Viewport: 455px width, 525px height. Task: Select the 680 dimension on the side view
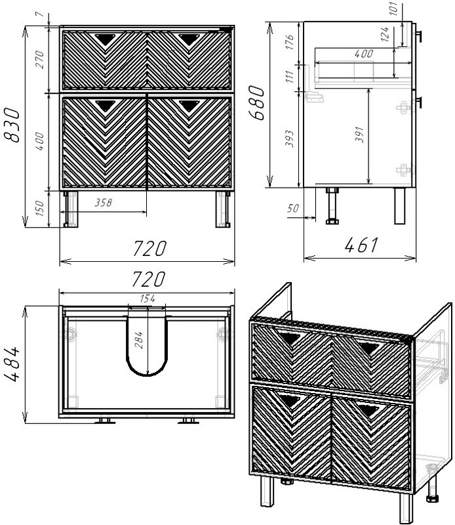point(256,103)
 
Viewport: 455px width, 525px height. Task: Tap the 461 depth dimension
point(361,245)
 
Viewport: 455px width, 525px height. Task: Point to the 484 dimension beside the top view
point(12,364)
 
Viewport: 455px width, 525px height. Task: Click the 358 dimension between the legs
point(103,203)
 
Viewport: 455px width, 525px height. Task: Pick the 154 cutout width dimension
point(148,299)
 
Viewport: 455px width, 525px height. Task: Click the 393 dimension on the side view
point(289,138)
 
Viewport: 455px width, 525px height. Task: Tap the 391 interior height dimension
point(359,135)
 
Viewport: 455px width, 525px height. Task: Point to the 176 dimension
point(289,42)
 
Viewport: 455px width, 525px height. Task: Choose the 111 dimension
point(289,77)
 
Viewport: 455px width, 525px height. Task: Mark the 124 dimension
point(385,35)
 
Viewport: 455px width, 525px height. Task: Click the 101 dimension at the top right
point(393,8)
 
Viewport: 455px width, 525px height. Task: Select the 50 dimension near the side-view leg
point(293,208)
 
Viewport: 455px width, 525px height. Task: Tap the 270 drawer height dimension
point(39,60)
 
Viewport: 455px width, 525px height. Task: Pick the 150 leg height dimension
point(39,208)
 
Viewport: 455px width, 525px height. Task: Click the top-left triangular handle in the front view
point(106,39)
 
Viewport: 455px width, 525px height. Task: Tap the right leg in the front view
point(223,209)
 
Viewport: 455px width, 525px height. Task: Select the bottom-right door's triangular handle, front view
point(189,105)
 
